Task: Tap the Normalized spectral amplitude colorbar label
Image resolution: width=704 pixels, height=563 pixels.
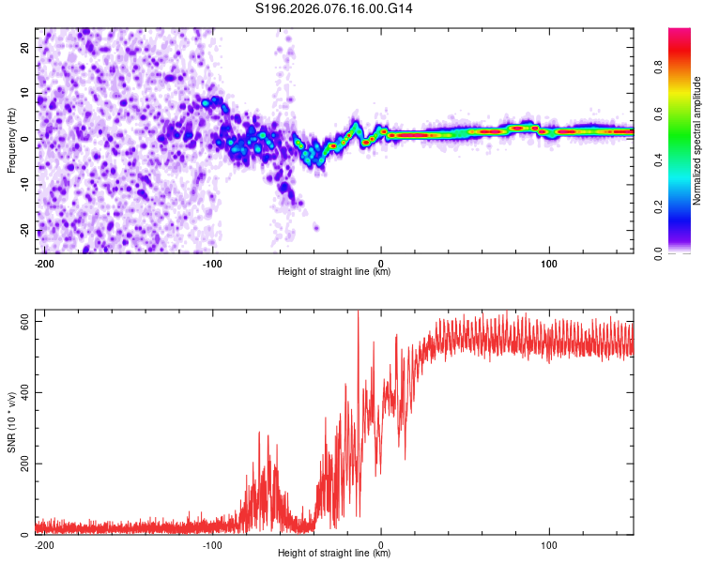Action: pos(697,141)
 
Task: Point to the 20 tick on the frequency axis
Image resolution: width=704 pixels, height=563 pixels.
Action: pos(25,47)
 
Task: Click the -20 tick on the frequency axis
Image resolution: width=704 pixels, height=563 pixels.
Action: pos(23,230)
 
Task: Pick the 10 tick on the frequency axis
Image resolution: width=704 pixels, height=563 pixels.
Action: pos(25,93)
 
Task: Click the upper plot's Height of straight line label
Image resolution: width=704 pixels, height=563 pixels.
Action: pos(334,272)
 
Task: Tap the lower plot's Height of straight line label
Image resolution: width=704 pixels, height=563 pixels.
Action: pos(334,553)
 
